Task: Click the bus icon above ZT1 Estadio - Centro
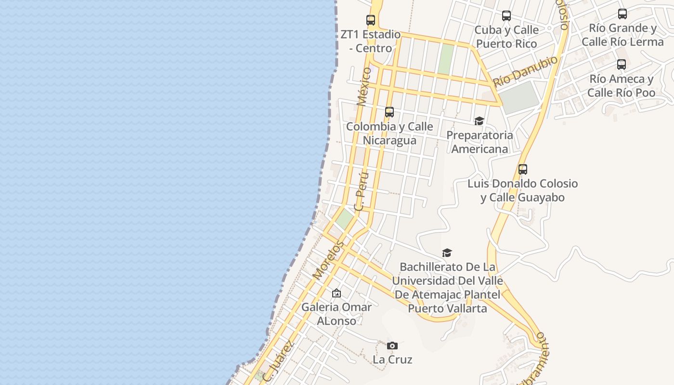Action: click(371, 20)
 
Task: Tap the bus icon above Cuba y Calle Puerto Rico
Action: click(506, 16)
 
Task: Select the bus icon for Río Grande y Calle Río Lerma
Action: click(622, 14)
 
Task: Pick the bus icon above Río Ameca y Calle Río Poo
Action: click(622, 64)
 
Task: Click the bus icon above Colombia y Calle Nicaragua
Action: click(389, 112)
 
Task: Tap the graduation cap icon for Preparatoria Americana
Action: click(479, 121)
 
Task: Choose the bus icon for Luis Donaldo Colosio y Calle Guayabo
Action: click(523, 169)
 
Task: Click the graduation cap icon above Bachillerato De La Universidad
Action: click(447, 253)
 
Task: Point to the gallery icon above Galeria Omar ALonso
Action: click(337, 293)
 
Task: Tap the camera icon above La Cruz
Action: click(392, 346)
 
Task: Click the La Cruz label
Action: click(392, 359)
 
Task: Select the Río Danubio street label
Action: click(525, 71)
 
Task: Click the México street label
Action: click(364, 86)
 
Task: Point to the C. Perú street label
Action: click(361, 192)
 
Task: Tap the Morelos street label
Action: click(328, 260)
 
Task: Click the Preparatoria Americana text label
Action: click(480, 142)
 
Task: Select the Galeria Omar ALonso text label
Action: click(337, 314)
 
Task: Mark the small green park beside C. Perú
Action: click(345, 219)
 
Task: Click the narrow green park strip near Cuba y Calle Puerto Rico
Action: click(446, 59)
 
